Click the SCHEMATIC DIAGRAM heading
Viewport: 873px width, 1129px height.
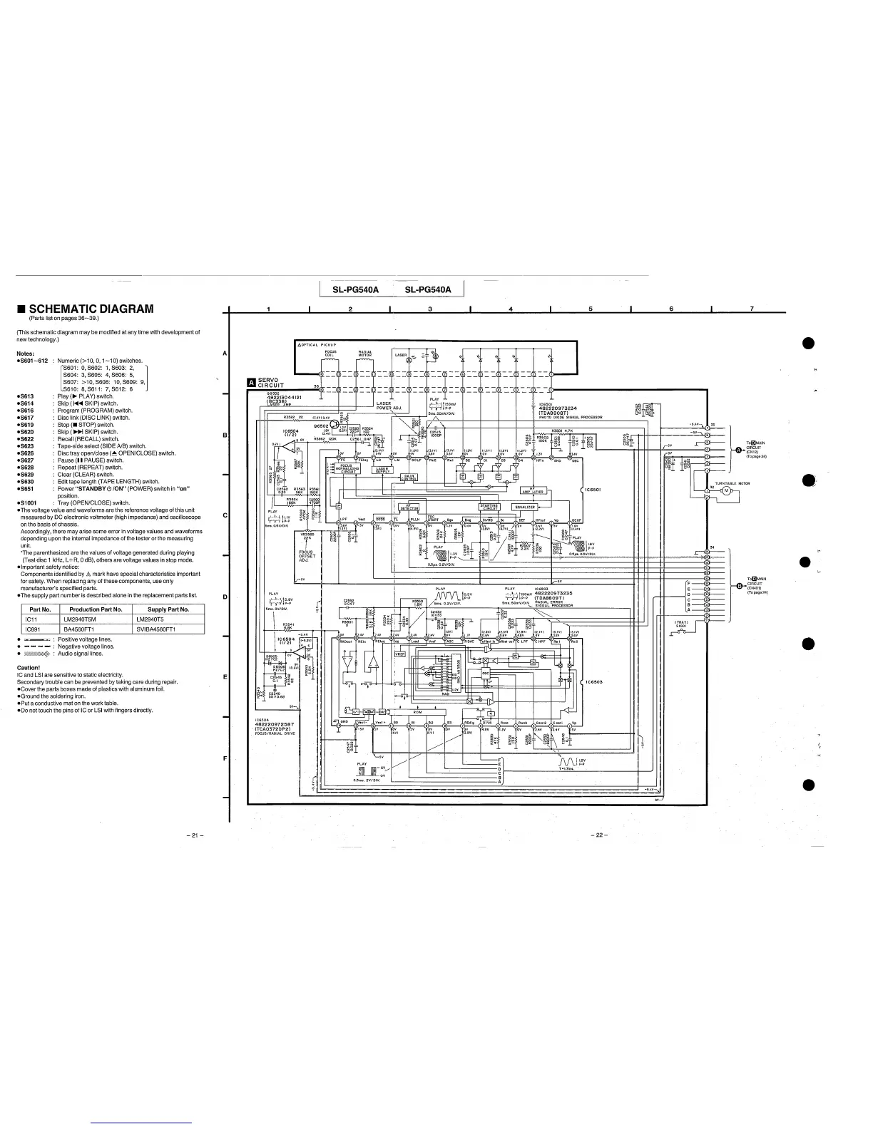click(91, 309)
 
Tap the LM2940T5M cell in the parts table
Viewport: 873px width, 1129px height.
click(86, 619)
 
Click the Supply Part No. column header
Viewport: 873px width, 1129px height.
click(168, 609)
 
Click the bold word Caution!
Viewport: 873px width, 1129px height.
click(29, 668)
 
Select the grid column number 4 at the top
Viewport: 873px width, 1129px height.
click(511, 309)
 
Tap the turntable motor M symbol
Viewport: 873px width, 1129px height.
click(727, 491)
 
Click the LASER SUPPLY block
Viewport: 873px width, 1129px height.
click(384, 470)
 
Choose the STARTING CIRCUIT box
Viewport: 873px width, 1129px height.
click(489, 507)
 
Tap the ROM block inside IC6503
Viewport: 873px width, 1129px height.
click(417, 711)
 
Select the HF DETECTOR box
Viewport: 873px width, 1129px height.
click(409, 507)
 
